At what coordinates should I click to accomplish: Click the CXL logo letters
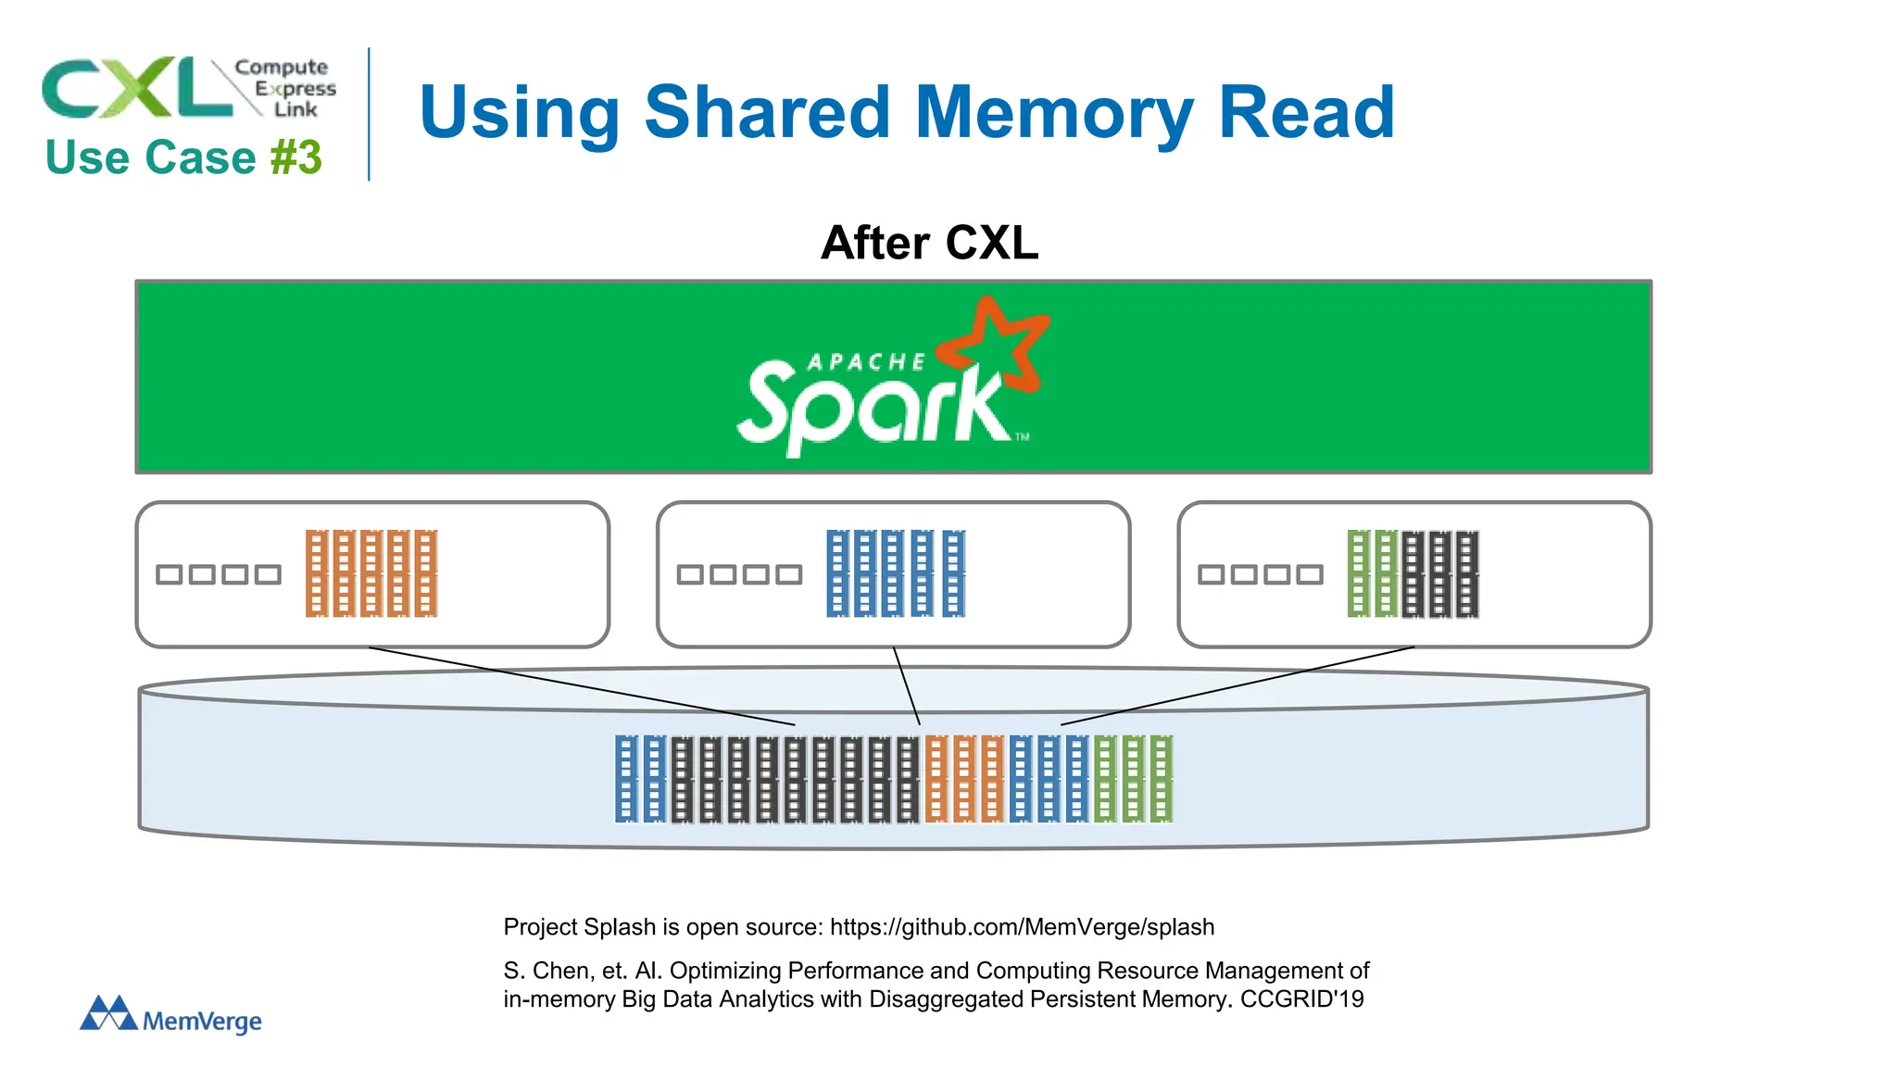tap(137, 88)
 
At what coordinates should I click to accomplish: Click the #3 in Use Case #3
tap(296, 157)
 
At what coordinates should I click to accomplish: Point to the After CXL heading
tap(929, 243)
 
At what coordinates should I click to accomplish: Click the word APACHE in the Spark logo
tap(866, 362)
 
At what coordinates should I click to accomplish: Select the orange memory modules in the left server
tap(371, 573)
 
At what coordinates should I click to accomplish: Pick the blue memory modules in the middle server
tap(896, 573)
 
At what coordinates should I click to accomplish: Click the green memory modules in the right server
tap(1373, 573)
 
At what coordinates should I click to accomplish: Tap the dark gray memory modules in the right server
tap(1440, 573)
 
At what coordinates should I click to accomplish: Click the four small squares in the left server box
tap(219, 575)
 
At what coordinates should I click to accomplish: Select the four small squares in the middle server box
tap(739, 575)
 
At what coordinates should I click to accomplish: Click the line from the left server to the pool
tap(582, 686)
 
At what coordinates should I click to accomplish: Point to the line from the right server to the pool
tap(1237, 686)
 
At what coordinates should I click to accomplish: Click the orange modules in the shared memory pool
tap(964, 779)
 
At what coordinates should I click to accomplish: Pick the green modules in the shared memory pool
tap(1134, 779)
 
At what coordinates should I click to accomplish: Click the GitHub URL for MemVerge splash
tap(1022, 927)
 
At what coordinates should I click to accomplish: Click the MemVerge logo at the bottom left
tap(171, 1015)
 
